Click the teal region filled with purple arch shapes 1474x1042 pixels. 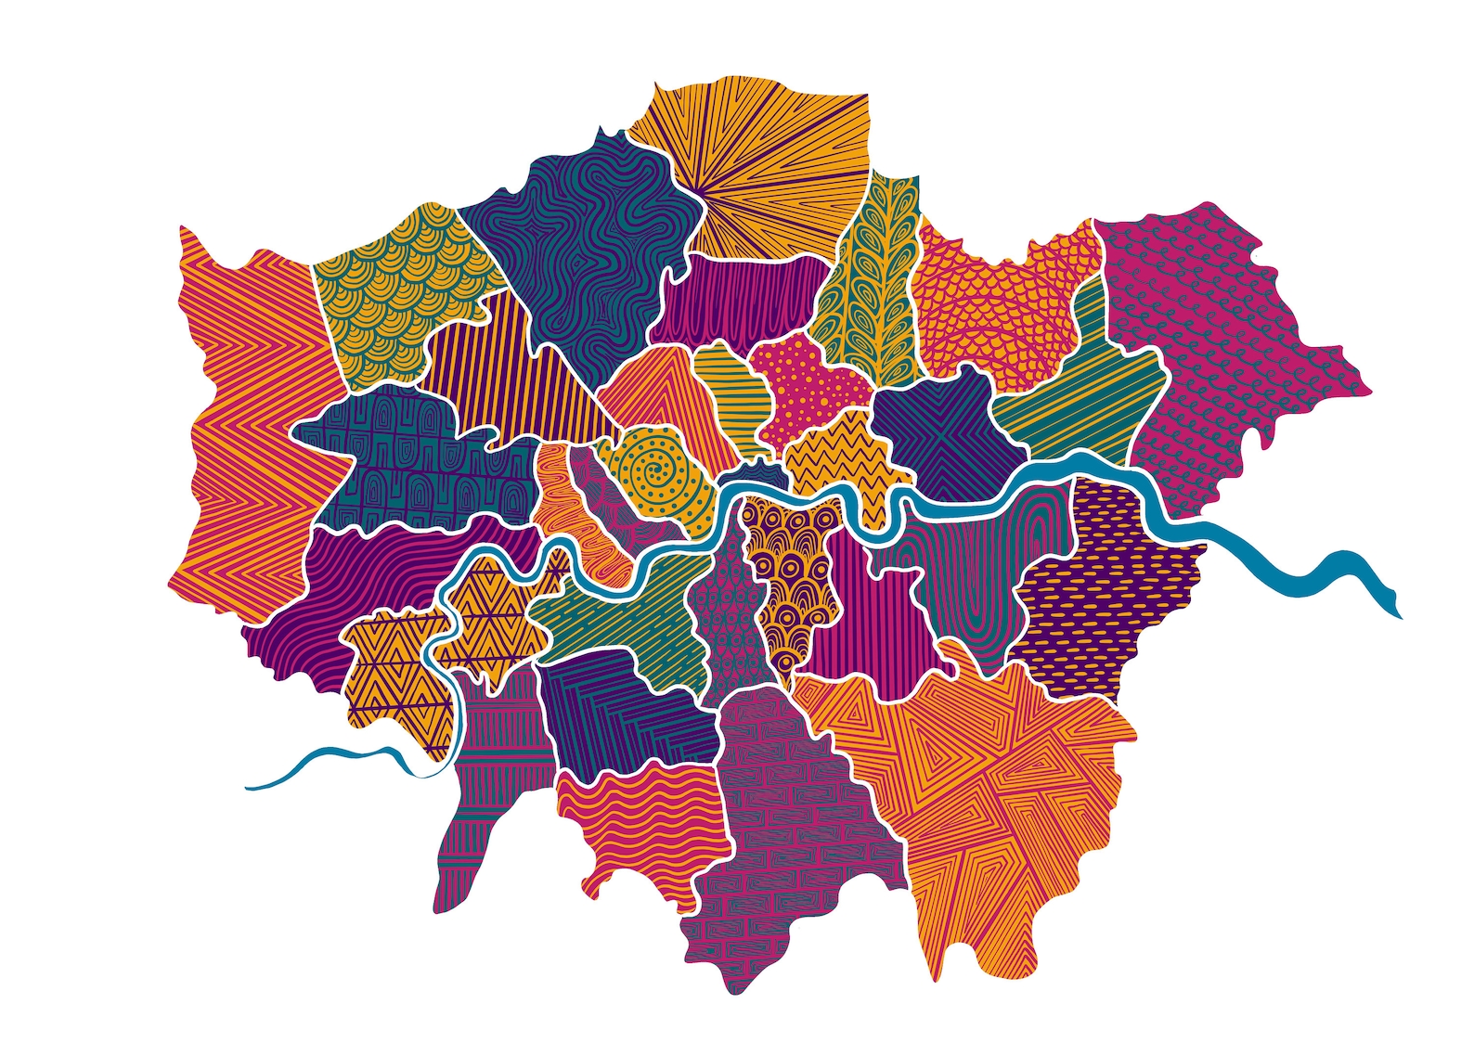408,455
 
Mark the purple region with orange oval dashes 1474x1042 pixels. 1105,594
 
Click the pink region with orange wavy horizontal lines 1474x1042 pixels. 640,826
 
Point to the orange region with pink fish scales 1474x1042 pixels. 993,297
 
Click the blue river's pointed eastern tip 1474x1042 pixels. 1398,612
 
